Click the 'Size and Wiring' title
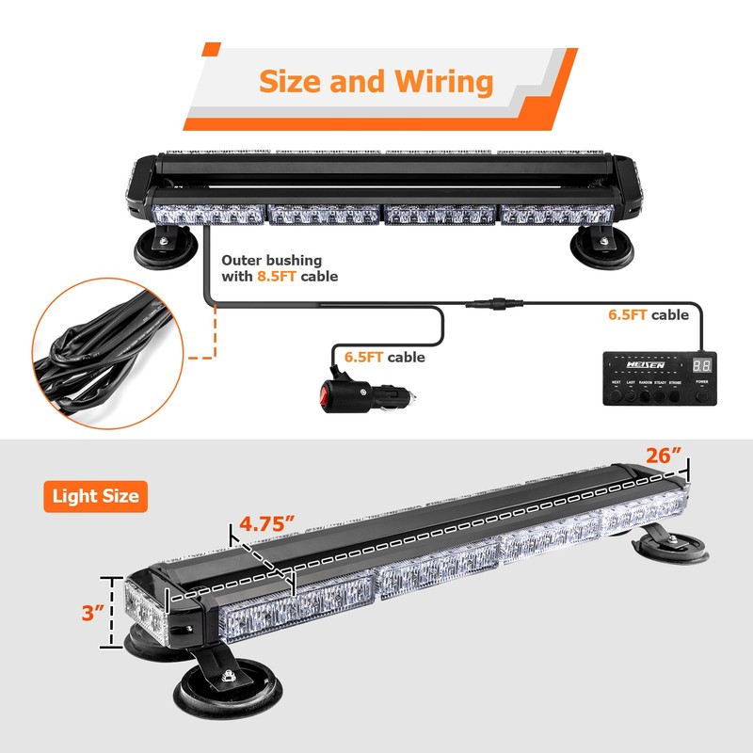click(x=376, y=81)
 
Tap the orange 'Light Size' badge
click(x=95, y=495)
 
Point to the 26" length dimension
click(x=663, y=456)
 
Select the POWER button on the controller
click(x=701, y=396)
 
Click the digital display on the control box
click(x=701, y=365)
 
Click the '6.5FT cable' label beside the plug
click(x=384, y=357)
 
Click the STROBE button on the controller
click(x=675, y=396)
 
